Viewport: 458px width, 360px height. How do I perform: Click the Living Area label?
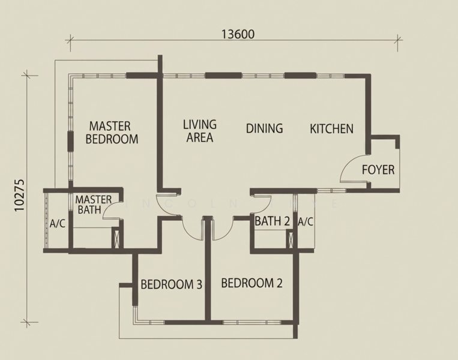[199, 131]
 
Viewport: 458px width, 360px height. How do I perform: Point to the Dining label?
[264, 128]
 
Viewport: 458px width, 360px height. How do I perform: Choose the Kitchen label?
[331, 128]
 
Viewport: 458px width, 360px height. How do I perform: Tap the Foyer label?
[378, 170]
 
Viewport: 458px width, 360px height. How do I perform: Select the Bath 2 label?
[272, 221]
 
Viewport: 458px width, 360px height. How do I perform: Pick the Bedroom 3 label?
[171, 284]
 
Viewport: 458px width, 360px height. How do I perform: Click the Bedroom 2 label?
[252, 283]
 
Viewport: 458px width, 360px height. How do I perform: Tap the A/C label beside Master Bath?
[58, 224]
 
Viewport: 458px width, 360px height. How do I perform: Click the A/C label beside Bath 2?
[306, 221]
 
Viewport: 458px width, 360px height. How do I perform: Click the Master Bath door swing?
[112, 209]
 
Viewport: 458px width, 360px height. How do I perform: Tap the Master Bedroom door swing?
[166, 203]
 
